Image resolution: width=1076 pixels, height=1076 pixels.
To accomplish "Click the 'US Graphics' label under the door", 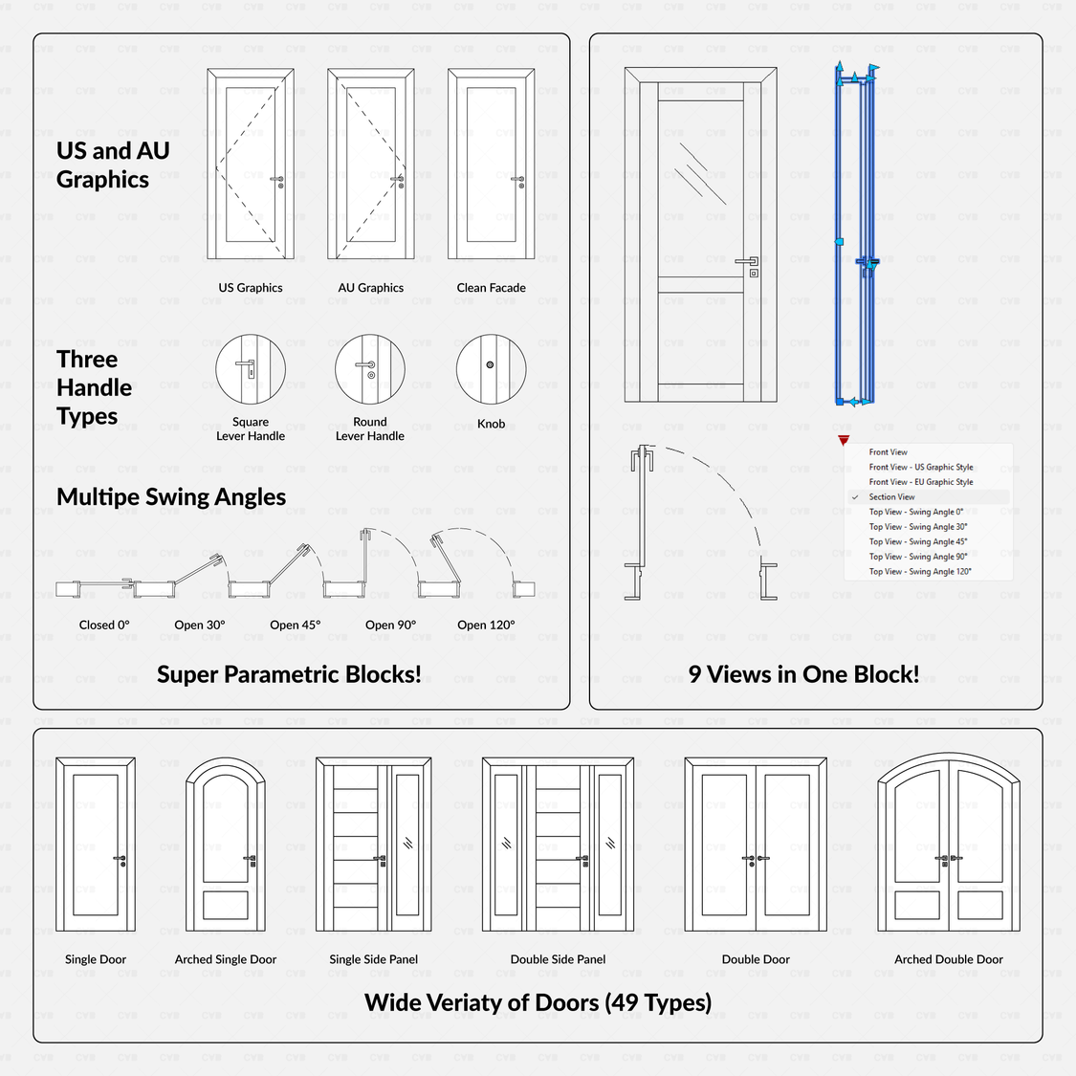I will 251,288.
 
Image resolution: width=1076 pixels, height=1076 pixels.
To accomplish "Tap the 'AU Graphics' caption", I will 370,288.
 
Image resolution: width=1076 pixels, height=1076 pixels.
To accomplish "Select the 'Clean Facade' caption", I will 491,288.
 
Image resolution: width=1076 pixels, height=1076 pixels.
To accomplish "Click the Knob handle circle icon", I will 491,369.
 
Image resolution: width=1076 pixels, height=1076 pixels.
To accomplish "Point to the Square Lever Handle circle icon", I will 251,369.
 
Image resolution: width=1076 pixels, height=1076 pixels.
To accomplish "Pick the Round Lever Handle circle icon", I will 370,369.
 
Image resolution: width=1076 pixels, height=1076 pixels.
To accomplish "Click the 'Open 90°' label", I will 390,626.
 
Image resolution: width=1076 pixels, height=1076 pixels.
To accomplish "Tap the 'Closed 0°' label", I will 104,626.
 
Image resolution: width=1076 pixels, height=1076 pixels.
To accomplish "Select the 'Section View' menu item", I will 891,497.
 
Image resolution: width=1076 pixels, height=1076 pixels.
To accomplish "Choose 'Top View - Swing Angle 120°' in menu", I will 919,572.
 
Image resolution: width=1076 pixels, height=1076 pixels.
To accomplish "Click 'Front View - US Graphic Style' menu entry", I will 920,468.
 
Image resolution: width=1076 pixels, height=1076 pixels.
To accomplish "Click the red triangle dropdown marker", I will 843,441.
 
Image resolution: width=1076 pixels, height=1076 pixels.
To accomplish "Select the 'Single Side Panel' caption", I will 373,959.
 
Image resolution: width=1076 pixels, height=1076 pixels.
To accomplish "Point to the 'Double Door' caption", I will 756,959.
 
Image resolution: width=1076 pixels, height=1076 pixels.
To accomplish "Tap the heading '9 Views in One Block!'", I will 803,674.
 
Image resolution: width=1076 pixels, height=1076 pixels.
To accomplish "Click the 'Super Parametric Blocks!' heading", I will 289,674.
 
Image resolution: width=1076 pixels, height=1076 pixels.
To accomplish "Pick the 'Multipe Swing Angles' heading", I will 171,497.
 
